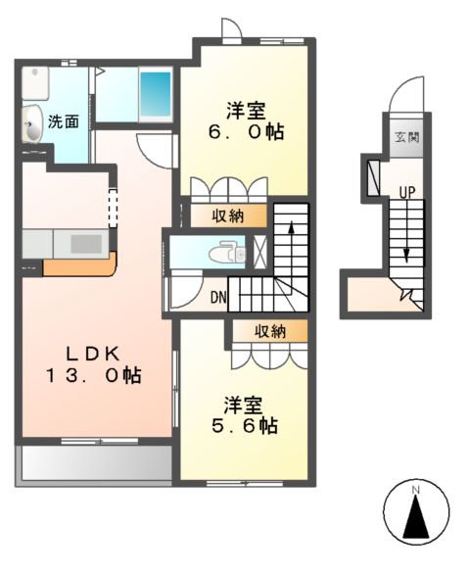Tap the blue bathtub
point(154,95)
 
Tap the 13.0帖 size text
point(92,375)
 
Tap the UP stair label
point(404,190)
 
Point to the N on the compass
point(415,489)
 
